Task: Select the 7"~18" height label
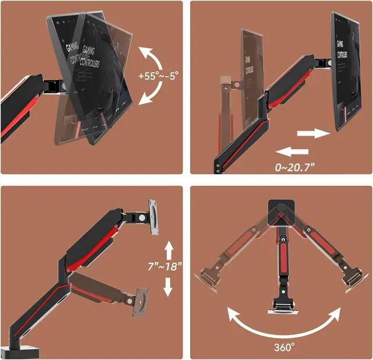point(165,267)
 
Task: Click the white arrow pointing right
point(314,133)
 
